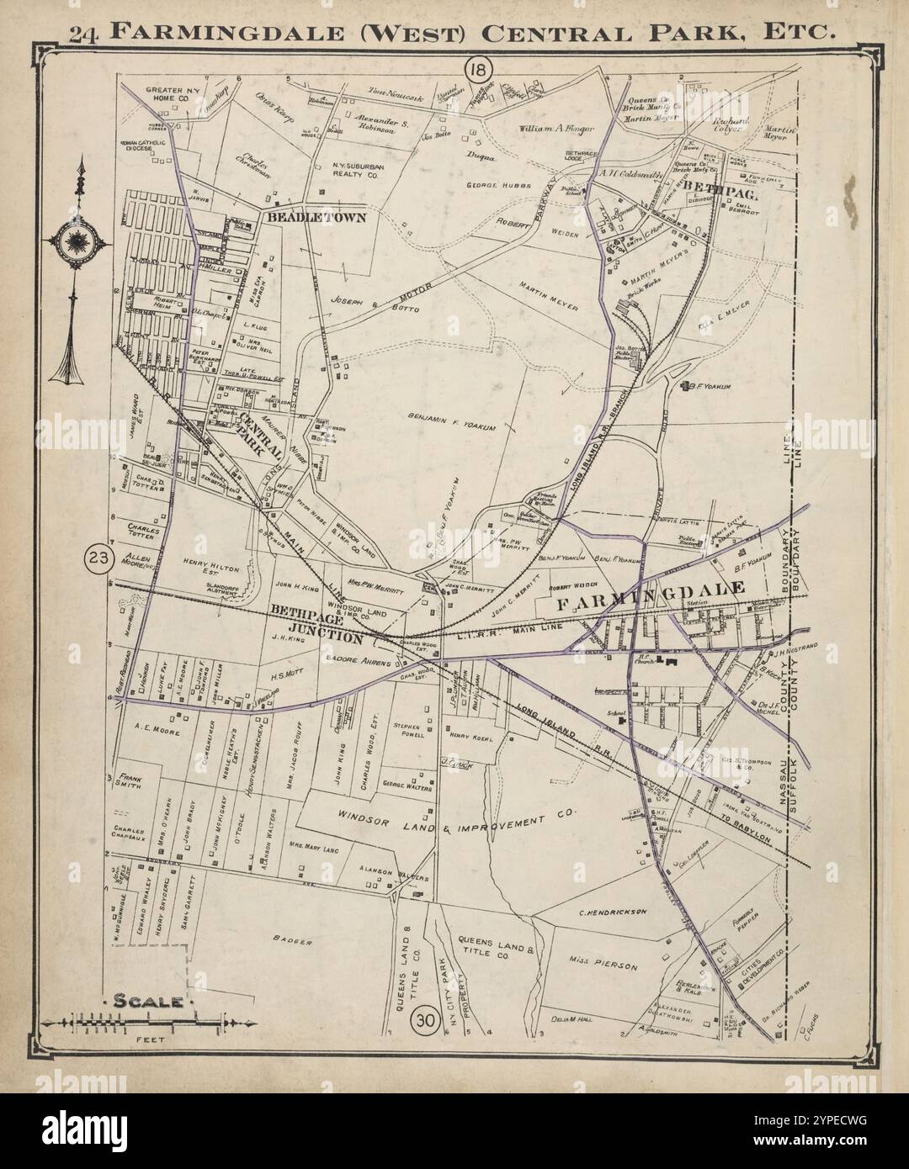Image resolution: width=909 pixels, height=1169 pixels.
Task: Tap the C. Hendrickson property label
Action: coord(612,912)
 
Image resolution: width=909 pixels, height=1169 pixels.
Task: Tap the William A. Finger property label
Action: coord(557,129)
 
